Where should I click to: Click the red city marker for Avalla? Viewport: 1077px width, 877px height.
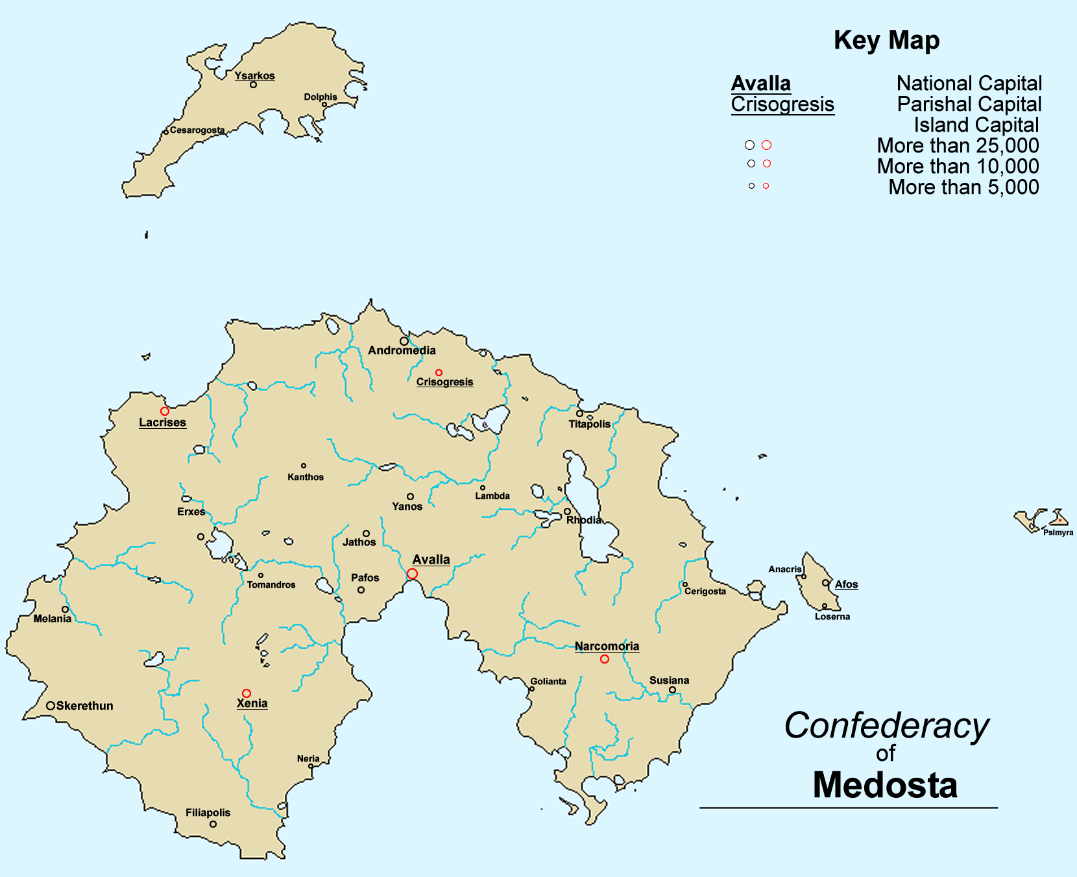point(412,574)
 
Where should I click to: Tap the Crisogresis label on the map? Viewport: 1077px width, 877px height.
point(444,382)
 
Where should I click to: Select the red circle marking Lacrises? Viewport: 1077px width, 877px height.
point(165,411)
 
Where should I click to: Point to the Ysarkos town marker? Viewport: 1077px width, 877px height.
point(253,85)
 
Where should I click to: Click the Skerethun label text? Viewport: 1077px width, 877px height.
point(84,706)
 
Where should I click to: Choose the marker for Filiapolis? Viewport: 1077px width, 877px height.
point(213,824)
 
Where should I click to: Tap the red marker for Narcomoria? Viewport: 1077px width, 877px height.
point(605,659)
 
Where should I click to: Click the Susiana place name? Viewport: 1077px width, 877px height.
point(669,680)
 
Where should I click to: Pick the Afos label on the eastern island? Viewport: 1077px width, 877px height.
point(846,584)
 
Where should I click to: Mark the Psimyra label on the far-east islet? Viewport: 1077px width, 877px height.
point(1058,533)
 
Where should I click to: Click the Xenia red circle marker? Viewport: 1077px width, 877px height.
point(247,693)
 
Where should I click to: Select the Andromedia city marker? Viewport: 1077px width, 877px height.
point(404,341)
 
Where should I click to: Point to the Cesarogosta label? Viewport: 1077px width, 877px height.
point(197,130)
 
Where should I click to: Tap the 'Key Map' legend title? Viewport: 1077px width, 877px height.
point(886,40)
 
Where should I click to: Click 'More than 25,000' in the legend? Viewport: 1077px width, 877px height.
point(958,145)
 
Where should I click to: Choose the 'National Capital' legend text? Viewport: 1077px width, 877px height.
point(969,84)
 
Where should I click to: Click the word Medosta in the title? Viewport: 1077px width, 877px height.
point(885,785)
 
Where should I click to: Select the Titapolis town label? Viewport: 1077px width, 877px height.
point(589,424)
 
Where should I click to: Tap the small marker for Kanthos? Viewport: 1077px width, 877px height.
point(304,466)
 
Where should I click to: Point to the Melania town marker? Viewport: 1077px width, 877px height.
point(65,610)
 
